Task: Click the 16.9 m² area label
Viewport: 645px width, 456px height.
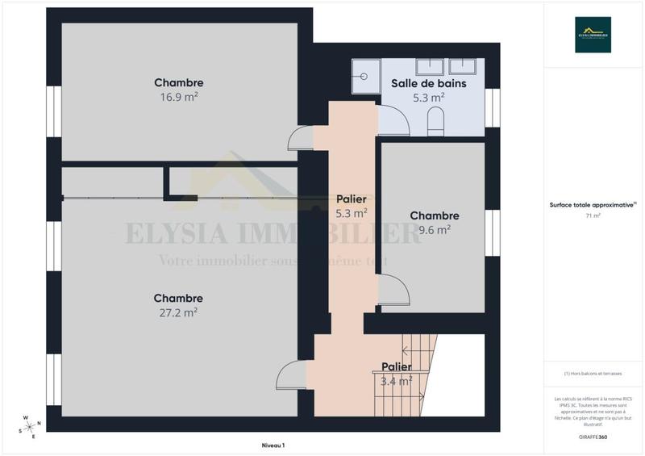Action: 179,98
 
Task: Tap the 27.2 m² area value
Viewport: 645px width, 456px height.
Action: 179,312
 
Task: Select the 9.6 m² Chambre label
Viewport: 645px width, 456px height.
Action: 434,215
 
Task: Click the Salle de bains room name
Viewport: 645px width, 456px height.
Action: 428,83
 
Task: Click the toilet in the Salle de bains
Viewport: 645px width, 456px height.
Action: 435,123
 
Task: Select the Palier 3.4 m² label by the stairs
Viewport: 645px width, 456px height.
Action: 396,367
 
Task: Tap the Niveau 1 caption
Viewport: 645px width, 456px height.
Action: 273,445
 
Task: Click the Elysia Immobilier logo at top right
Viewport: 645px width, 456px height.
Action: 593,35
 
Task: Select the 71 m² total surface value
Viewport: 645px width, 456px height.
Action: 593,216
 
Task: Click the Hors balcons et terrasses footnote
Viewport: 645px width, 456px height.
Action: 593,374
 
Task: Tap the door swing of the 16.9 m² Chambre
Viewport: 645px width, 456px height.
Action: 301,138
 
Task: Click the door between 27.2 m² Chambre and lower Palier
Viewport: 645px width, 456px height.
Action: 290,376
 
